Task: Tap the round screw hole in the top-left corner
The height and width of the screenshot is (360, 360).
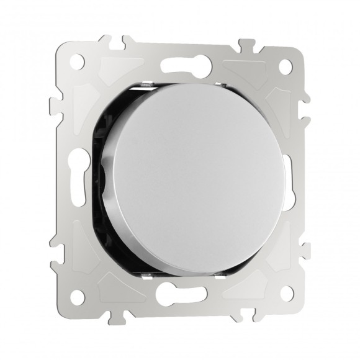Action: coord(78,63)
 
